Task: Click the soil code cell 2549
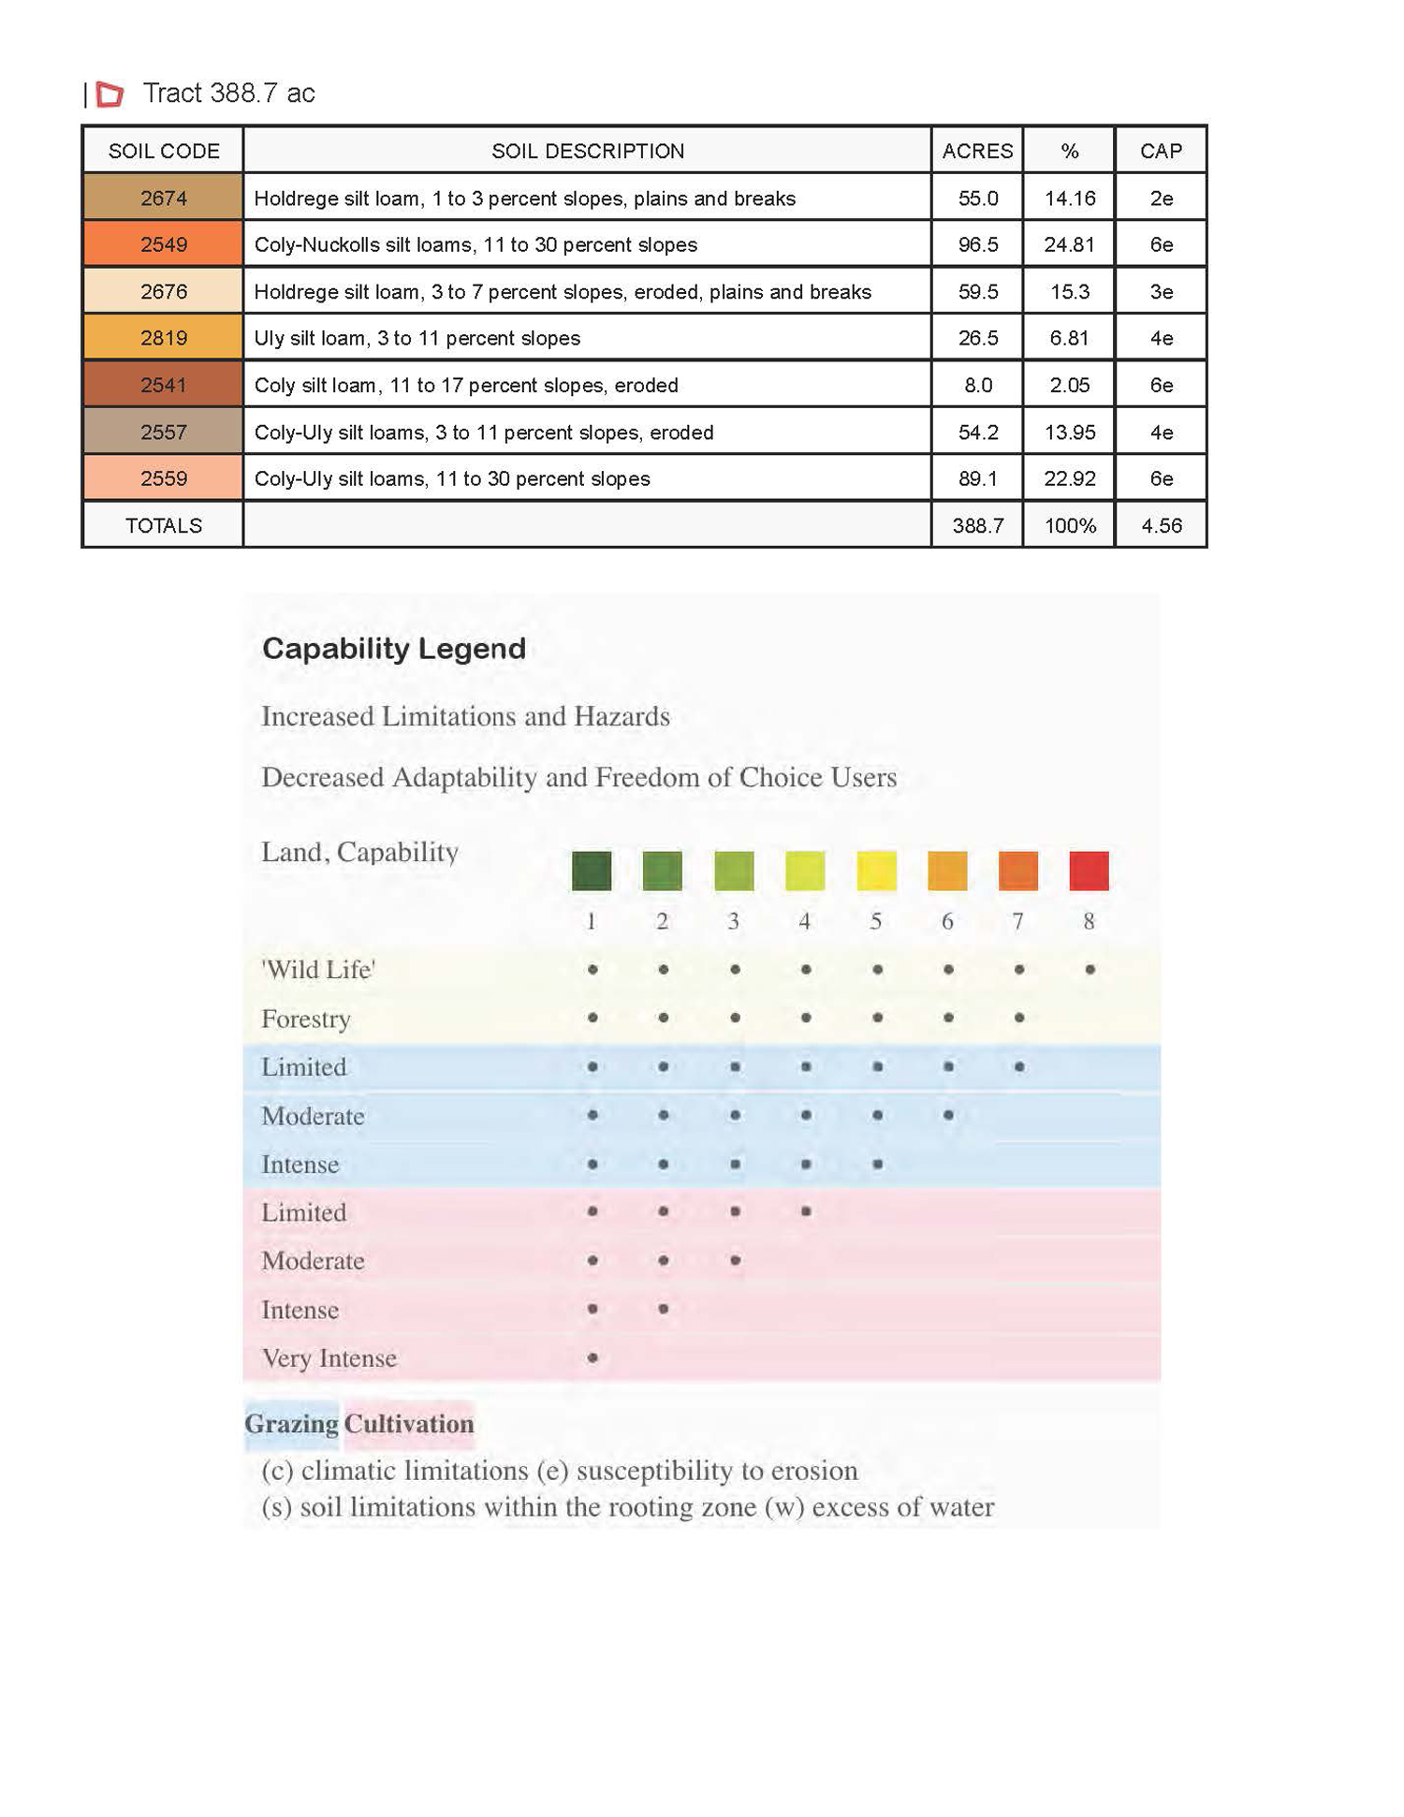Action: [164, 245]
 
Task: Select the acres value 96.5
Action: [977, 245]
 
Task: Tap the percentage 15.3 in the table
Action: [1069, 292]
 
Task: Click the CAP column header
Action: [1161, 152]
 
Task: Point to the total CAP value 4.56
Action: [1161, 526]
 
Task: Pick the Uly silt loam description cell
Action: [417, 339]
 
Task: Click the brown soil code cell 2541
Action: [164, 386]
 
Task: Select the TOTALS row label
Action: [164, 526]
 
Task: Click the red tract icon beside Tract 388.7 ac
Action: [110, 94]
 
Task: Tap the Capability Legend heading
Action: [394, 649]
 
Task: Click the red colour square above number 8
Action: [1089, 871]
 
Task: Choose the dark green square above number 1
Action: [592, 871]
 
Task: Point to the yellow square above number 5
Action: [876, 871]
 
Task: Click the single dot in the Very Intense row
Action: [592, 1357]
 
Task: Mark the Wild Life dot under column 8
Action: [1090, 970]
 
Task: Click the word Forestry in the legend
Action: [306, 1018]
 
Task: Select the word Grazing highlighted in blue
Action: [292, 1424]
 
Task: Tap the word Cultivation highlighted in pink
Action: [409, 1424]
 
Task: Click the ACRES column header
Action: [977, 152]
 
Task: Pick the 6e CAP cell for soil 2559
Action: [1161, 479]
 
